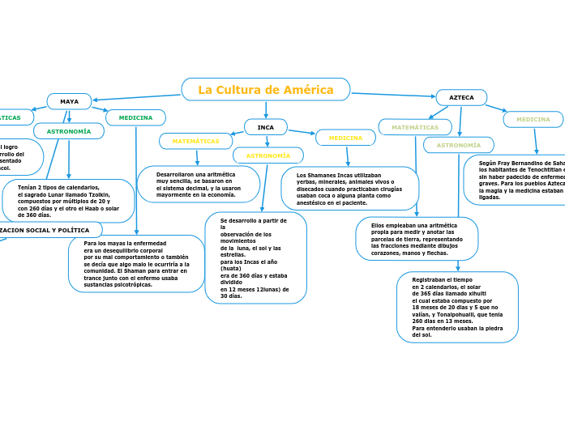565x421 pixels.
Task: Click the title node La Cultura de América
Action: pos(266,90)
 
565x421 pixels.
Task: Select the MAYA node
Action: pos(69,102)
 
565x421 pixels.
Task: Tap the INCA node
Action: pos(266,127)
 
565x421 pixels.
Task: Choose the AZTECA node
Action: pos(461,97)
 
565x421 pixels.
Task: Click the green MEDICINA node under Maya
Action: pos(135,118)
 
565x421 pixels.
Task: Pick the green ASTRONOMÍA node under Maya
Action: pos(69,131)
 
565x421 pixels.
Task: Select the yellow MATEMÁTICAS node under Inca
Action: pos(195,141)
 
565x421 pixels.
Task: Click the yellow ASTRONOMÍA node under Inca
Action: pos(268,155)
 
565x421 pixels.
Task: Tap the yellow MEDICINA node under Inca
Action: pos(345,138)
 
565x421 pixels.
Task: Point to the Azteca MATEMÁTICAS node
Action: pos(414,127)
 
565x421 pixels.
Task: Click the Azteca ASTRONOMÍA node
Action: pos(458,146)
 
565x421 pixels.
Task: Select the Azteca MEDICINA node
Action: pos(533,120)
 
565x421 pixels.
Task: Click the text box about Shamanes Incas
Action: pos(349,189)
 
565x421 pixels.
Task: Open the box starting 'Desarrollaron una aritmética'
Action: pos(198,185)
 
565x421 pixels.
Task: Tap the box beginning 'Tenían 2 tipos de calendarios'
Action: pos(68,201)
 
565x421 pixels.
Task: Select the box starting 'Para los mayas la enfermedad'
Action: pos(136,264)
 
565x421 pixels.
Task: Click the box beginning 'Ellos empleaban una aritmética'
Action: pos(417,239)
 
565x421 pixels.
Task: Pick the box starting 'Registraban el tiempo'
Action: pos(457,307)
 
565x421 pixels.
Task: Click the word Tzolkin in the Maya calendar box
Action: pos(96,194)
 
